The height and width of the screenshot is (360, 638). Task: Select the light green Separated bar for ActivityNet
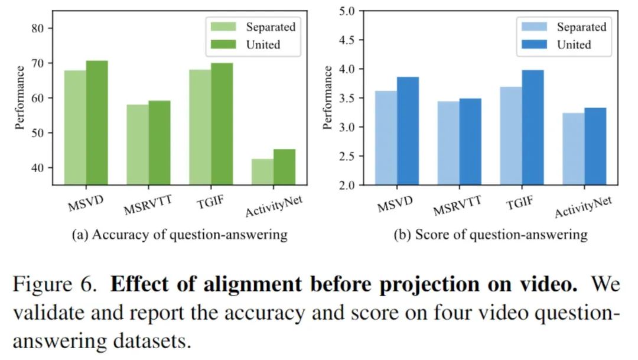262,171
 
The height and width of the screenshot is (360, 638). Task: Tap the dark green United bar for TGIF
222,124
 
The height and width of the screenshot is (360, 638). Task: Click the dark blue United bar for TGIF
532,127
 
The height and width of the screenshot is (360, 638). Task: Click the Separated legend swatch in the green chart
222,27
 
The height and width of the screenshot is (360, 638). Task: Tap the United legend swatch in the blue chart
533,44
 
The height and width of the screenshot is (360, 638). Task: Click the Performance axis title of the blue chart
328,98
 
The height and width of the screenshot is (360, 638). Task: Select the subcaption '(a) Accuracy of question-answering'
180,235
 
